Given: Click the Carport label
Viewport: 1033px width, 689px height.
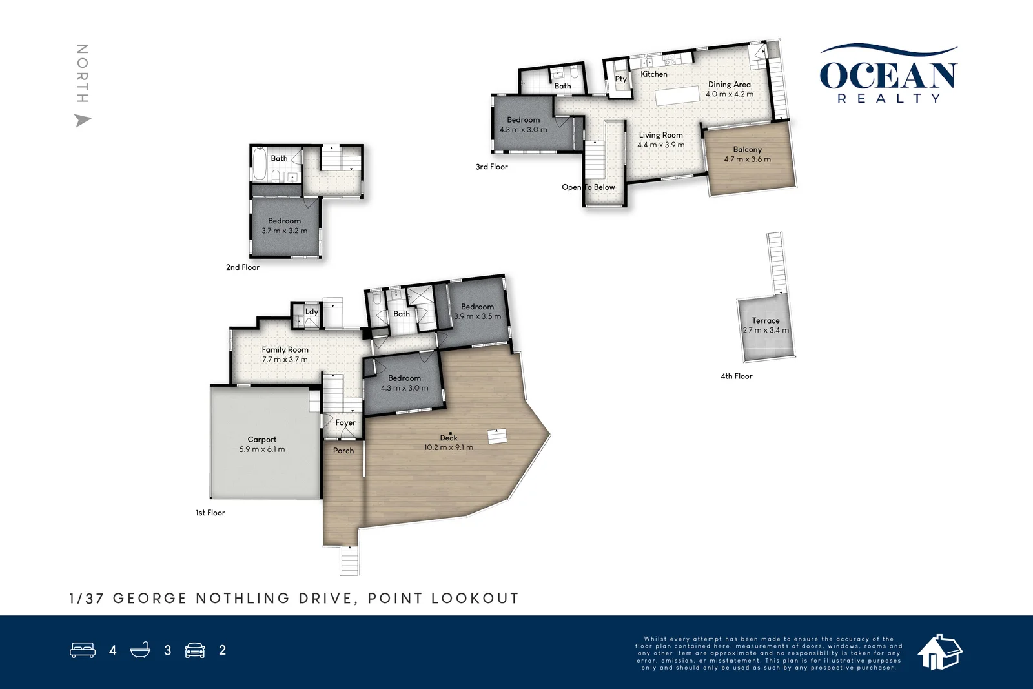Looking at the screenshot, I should [x=261, y=439].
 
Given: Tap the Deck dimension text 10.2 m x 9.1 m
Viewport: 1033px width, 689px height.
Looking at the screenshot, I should [x=448, y=447].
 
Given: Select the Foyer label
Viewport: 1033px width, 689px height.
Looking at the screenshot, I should [x=345, y=422].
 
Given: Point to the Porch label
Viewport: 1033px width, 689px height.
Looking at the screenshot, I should [x=343, y=451].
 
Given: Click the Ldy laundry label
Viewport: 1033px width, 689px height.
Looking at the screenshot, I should [x=311, y=311].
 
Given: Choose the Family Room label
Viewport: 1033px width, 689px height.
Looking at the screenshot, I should [x=285, y=349].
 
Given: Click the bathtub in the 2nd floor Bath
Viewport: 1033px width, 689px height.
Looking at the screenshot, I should [x=258, y=165].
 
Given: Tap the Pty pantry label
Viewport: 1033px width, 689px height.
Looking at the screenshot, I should [x=620, y=79].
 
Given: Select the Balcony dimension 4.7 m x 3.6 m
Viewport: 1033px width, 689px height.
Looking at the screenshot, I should [x=747, y=159].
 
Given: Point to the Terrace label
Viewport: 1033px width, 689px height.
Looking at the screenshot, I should [x=765, y=320].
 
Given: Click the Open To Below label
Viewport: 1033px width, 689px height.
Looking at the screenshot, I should [x=588, y=187].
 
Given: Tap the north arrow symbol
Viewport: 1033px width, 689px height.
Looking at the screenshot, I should [x=83, y=120].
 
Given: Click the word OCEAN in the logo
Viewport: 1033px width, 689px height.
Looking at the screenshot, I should [x=888, y=76].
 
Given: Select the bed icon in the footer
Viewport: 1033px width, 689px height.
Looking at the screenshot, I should [x=83, y=650].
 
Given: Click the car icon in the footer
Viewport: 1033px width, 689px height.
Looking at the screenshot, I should [x=195, y=650].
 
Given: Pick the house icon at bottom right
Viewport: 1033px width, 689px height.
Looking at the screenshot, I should [x=939, y=652].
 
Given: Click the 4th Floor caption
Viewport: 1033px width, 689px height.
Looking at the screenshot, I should [x=737, y=376].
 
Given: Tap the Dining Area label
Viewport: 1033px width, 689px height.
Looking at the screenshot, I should [x=729, y=84].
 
